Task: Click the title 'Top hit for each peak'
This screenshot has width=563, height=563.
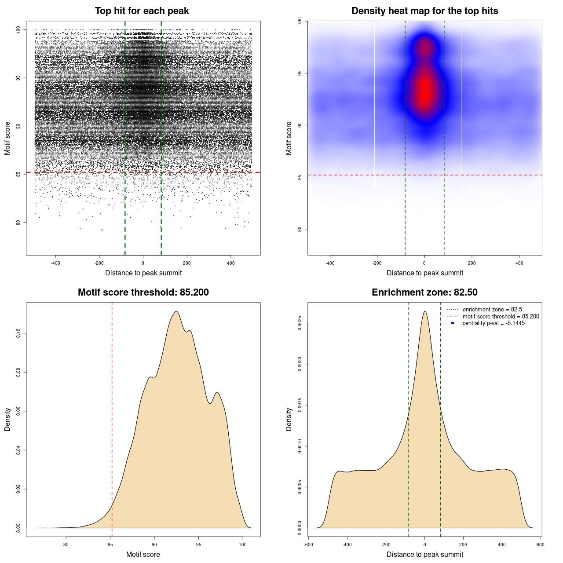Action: coord(142,11)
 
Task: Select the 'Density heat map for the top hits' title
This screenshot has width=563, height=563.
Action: coord(424,11)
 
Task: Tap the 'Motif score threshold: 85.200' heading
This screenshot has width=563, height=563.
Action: coord(143,292)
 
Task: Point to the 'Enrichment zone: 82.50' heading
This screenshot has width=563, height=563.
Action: coord(424,292)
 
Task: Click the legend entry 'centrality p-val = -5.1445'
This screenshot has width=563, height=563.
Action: coord(494,323)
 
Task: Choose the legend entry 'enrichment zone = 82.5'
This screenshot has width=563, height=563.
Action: coord(492,310)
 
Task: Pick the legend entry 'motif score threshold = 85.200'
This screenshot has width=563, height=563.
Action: coord(501,317)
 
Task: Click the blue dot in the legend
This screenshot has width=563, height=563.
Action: coord(453,323)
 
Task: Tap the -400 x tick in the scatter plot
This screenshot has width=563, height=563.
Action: coord(55,263)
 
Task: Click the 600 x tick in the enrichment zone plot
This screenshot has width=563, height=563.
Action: coord(541,545)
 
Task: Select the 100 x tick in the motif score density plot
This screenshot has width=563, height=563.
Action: coord(243,545)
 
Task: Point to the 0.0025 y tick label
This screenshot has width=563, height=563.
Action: coord(300,323)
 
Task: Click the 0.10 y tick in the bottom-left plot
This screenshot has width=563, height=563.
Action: coord(18,333)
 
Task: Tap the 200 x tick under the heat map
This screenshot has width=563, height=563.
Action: coord(472,263)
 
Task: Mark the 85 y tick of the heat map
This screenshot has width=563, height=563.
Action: coord(300,177)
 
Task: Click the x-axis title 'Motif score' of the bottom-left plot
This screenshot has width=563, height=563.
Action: coord(143,554)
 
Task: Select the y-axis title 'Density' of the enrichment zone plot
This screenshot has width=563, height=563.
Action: coord(289,419)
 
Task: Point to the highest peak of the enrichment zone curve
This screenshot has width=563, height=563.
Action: coord(424,311)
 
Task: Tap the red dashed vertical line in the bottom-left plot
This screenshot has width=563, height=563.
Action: coord(112,418)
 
